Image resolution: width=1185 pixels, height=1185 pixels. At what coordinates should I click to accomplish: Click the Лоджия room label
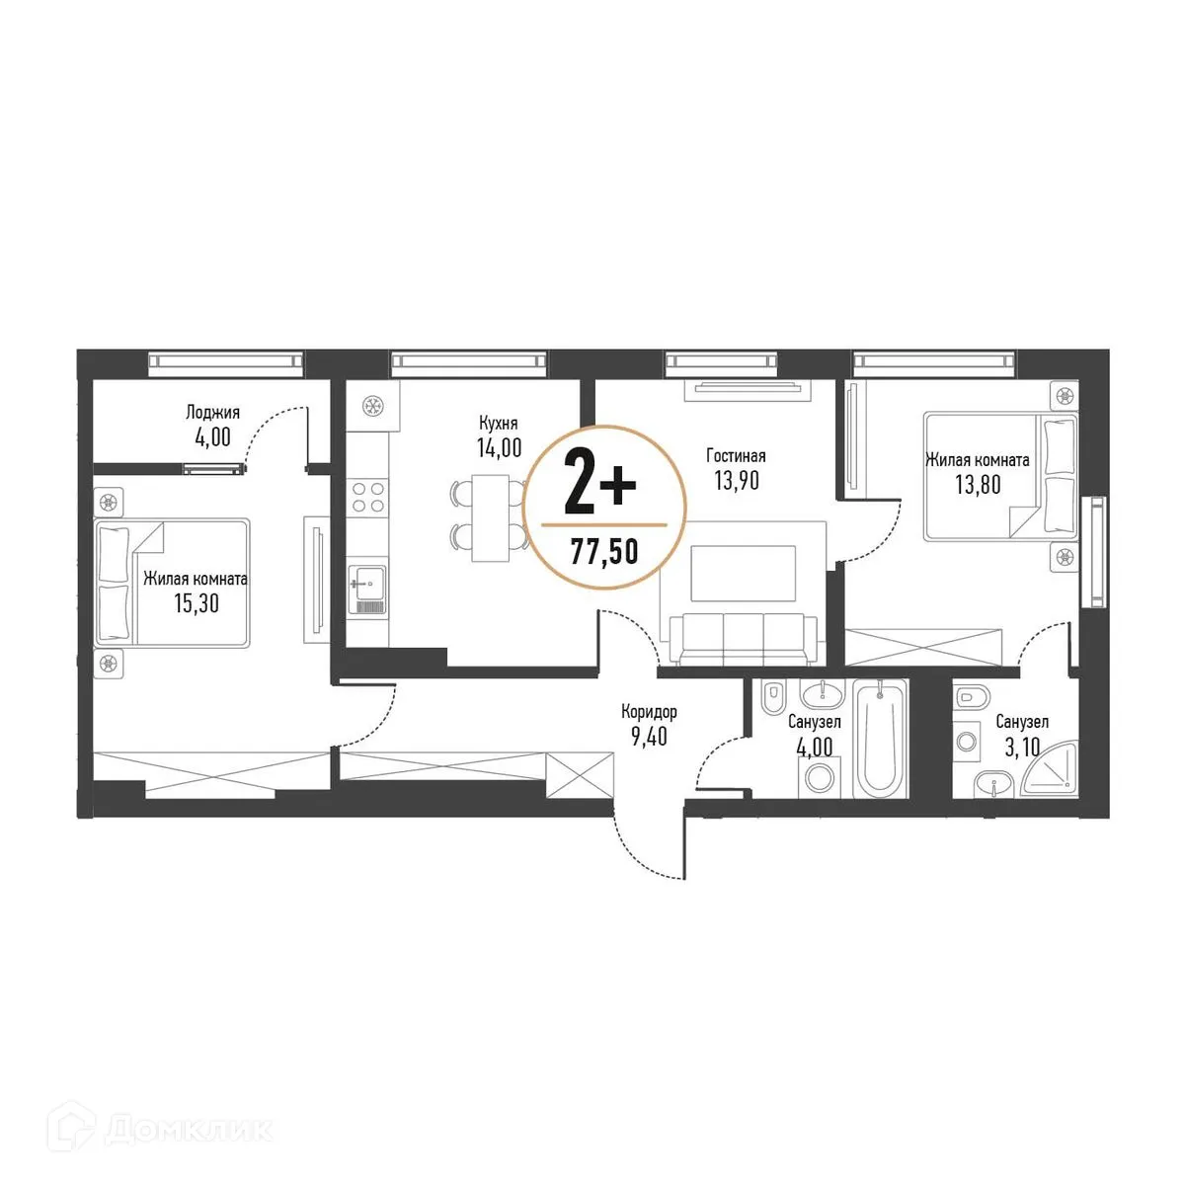(x=212, y=413)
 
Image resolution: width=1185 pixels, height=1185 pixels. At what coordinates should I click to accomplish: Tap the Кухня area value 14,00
(x=498, y=447)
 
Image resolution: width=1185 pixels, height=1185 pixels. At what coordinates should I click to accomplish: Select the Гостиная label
(x=736, y=455)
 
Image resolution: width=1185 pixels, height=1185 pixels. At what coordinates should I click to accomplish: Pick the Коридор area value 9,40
(x=648, y=736)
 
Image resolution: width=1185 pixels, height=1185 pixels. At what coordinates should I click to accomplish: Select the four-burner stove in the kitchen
(x=367, y=495)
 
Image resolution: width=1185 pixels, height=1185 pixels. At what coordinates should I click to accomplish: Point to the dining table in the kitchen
(x=491, y=517)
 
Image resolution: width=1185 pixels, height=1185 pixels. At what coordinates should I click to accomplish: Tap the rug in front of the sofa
(x=743, y=573)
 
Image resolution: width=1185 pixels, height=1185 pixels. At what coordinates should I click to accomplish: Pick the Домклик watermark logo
(x=168, y=1129)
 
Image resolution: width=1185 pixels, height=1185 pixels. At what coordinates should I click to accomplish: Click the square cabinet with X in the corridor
(x=580, y=773)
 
